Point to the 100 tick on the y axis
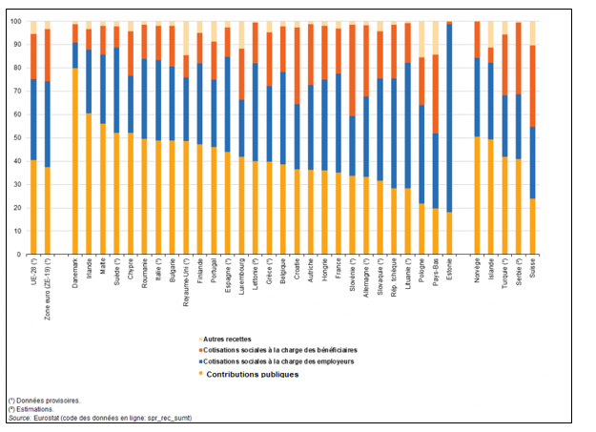coord(16,21)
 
